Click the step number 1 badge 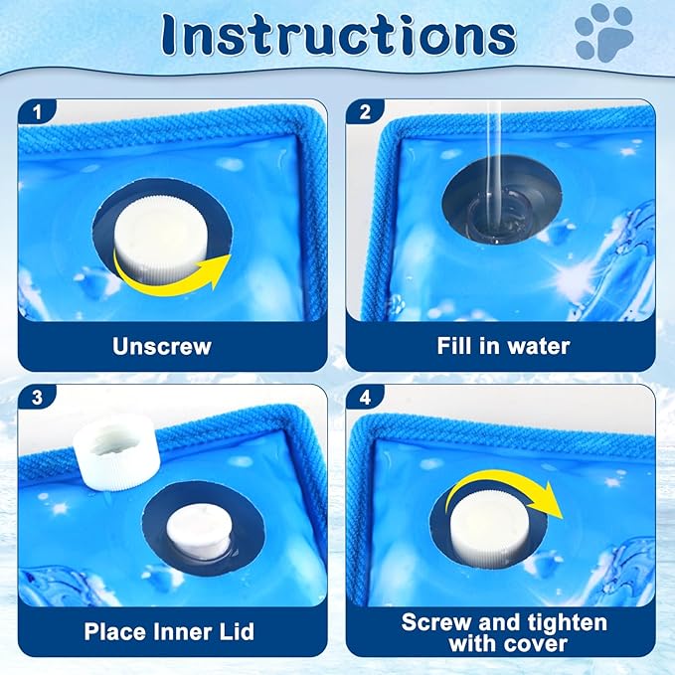(x=37, y=112)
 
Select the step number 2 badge (x=365, y=112)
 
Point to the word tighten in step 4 (x=561, y=623)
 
